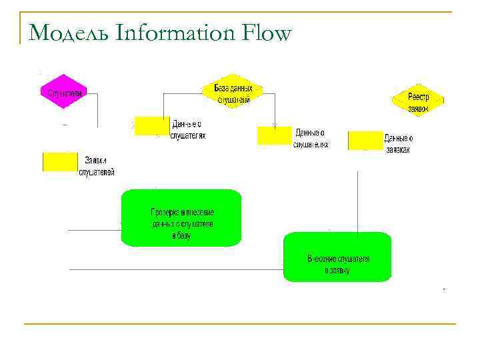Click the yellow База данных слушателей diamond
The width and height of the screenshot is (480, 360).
(233, 93)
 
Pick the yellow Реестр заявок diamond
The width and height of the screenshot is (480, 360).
(417, 101)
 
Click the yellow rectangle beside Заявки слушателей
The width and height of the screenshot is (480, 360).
(60, 161)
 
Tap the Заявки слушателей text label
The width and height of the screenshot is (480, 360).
(97, 166)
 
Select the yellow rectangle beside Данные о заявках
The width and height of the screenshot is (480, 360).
(365, 140)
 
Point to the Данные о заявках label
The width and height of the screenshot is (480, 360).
(399, 144)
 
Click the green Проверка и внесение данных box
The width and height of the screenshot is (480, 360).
(181, 218)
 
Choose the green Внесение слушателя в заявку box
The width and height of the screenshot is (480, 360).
(337, 257)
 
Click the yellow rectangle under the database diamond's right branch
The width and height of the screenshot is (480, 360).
(274, 135)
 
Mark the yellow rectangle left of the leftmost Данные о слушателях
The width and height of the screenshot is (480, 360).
(152, 126)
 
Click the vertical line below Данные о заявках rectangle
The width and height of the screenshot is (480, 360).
(358, 200)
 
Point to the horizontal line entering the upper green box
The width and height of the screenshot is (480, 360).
(94, 230)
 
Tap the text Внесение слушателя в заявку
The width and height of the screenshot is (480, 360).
(338, 265)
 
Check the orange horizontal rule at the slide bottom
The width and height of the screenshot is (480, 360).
(240, 324)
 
